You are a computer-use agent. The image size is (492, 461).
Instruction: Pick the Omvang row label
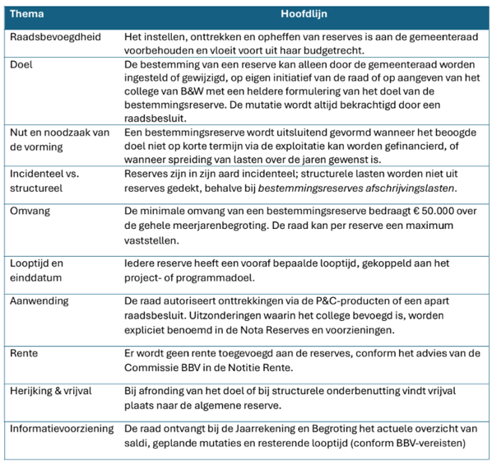[31, 211]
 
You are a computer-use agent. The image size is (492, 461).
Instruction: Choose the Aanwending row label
[39, 301]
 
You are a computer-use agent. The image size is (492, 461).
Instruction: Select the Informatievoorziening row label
[63, 430]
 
